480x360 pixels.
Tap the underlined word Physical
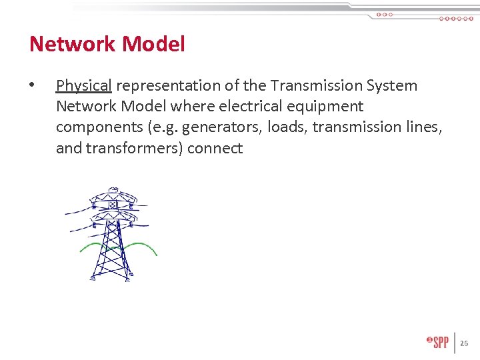pos(83,86)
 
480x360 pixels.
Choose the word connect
pos(215,148)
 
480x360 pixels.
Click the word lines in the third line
pos(424,127)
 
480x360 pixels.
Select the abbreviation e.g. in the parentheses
pos(163,127)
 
